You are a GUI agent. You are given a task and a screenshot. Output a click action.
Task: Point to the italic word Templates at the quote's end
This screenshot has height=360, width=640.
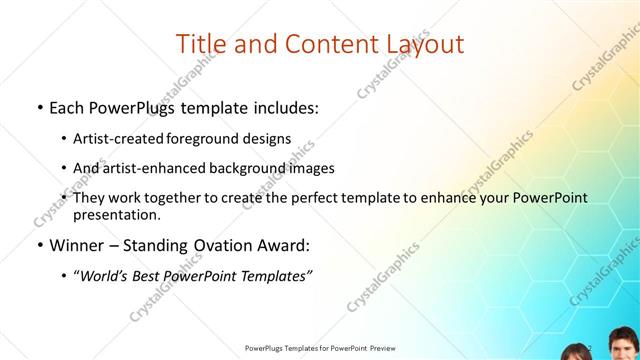pos(277,276)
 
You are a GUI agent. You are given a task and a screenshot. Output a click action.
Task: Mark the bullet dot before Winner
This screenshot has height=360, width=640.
pos(38,246)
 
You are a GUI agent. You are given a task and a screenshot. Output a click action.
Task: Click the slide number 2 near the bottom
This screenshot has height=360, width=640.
pos(590,347)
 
